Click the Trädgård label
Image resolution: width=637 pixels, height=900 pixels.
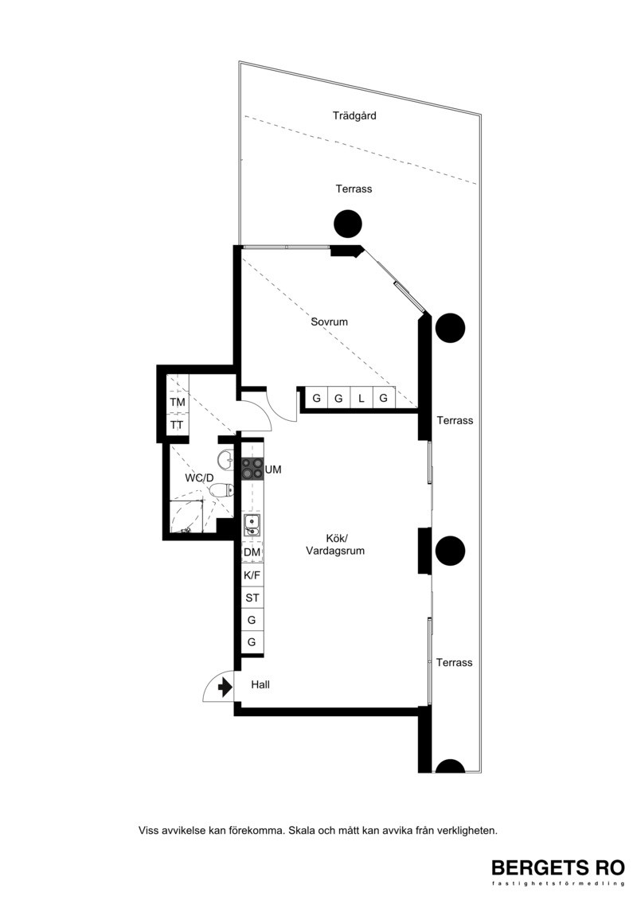click(x=354, y=116)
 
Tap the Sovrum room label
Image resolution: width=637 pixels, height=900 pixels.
click(x=329, y=321)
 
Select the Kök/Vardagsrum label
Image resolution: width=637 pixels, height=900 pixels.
click(x=335, y=545)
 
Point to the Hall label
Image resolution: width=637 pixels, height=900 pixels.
click(x=260, y=684)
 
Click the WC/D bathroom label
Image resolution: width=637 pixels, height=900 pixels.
click(x=199, y=477)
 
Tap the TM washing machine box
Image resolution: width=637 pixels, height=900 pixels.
click(x=178, y=403)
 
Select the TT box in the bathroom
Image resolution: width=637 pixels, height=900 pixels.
click(x=178, y=425)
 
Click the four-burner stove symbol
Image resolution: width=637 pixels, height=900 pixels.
click(x=252, y=469)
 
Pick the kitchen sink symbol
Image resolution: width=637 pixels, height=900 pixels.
click(x=252, y=525)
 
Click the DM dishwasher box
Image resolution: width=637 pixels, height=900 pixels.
click(x=252, y=552)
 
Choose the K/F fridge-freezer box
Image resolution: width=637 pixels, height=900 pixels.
click(x=252, y=575)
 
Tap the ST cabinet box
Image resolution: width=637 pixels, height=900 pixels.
click(x=252, y=598)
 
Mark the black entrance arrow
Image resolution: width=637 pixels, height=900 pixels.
click(x=225, y=686)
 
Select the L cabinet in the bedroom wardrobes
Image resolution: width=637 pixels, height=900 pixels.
click(x=361, y=398)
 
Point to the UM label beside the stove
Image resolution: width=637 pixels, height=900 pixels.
click(x=273, y=469)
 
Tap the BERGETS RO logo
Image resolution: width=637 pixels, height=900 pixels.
click(x=557, y=871)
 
